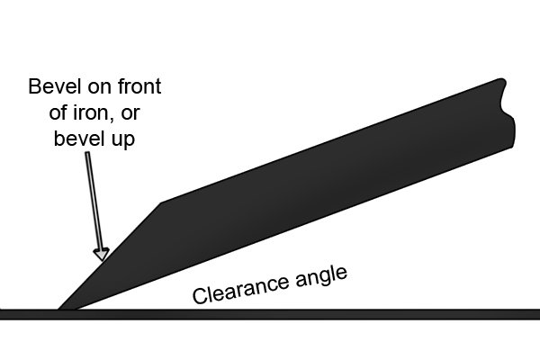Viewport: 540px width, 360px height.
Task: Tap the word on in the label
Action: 100,88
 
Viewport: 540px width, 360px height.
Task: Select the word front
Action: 139,86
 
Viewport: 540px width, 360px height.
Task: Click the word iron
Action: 93,112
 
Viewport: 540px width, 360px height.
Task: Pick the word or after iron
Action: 130,114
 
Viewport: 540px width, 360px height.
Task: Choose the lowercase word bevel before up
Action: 76,138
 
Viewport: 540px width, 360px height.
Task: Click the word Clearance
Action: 240,289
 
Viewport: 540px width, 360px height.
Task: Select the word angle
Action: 321,277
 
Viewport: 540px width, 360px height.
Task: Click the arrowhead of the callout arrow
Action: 102,254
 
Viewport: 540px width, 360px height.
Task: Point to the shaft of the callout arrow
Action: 94,201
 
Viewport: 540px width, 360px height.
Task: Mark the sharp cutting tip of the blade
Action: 58,309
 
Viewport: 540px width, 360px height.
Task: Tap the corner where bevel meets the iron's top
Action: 161,202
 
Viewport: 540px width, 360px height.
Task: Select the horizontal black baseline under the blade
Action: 270,314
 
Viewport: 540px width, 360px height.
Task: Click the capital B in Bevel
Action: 34,86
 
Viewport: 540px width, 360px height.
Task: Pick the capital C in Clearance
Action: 198,296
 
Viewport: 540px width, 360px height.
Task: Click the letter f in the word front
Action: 121,85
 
